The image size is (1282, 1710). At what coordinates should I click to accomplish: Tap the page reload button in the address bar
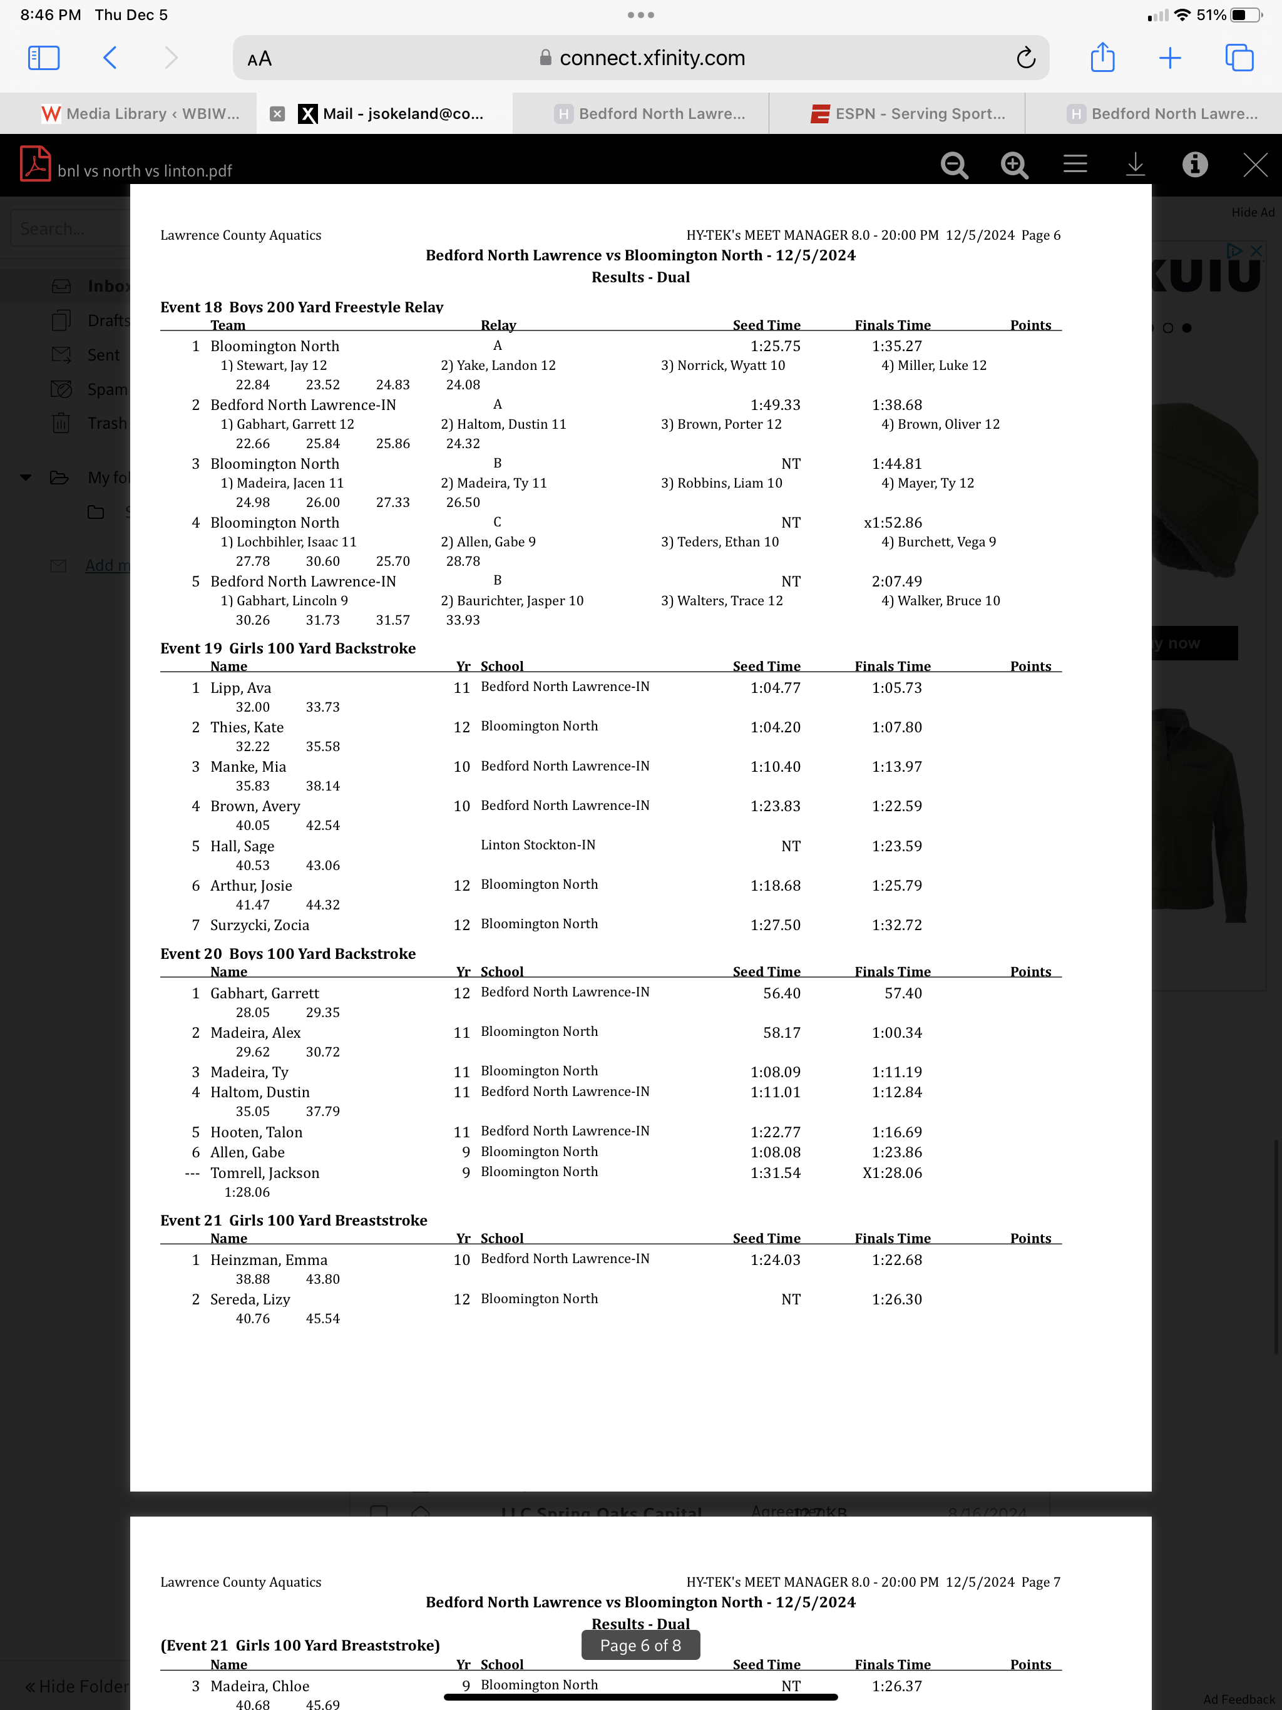pyautogui.click(x=1025, y=58)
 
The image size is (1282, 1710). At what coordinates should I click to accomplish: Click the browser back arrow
pyautogui.click(x=110, y=58)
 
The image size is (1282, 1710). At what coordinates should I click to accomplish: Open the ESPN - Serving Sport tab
pyautogui.click(x=908, y=114)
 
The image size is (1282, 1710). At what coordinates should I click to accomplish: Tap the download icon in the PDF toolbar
pyautogui.click(x=1134, y=165)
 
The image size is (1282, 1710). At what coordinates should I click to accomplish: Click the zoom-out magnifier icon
pyautogui.click(x=954, y=165)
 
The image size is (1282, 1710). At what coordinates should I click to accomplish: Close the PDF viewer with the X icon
pyautogui.click(x=1254, y=165)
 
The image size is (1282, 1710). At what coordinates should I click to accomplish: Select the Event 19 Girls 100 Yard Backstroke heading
pyautogui.click(x=288, y=648)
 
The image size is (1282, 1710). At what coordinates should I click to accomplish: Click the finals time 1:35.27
pyautogui.click(x=896, y=346)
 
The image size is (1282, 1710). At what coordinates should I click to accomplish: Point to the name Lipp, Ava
pyautogui.click(x=240, y=687)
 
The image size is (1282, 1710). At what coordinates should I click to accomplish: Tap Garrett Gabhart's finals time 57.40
pyautogui.click(x=903, y=993)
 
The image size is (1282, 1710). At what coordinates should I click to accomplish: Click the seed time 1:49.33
pyautogui.click(x=775, y=405)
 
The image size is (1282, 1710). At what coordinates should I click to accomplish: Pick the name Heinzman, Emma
pyautogui.click(x=269, y=1259)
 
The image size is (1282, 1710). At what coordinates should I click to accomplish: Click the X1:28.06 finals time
pyautogui.click(x=891, y=1173)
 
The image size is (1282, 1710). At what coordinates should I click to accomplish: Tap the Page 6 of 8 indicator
pyautogui.click(x=640, y=1645)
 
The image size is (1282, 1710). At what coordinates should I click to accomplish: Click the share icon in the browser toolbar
pyautogui.click(x=1102, y=58)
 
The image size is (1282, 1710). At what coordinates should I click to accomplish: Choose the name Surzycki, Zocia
pyautogui.click(x=259, y=924)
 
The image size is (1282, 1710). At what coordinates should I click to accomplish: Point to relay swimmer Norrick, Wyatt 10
pyautogui.click(x=722, y=366)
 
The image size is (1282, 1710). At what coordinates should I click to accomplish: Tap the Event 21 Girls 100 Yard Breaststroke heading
pyautogui.click(x=293, y=1220)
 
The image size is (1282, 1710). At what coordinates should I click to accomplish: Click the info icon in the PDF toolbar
pyautogui.click(x=1194, y=165)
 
